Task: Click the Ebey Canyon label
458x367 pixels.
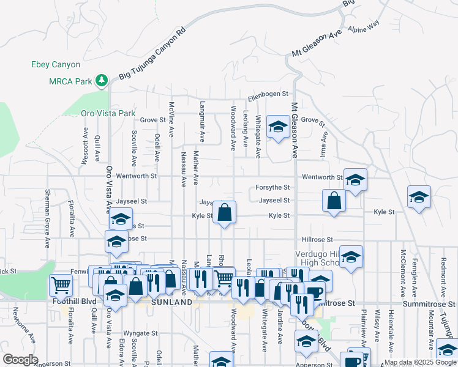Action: tap(56, 64)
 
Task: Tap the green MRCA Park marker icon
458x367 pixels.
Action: tap(101, 80)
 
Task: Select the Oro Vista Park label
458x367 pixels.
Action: tap(108, 113)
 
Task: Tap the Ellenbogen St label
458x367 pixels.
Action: tap(268, 94)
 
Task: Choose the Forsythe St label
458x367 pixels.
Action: tap(274, 188)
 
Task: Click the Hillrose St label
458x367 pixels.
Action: tap(317, 240)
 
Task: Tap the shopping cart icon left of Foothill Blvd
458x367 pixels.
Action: tap(61, 284)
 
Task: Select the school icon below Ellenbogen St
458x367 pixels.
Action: tap(278, 127)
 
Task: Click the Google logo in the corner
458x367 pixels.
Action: tap(20, 360)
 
